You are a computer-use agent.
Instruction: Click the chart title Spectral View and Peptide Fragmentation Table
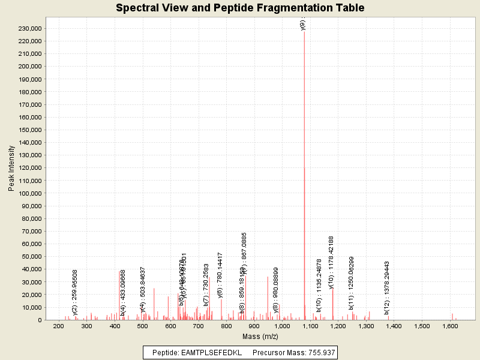point(240,8)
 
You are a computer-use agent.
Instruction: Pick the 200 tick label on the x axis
point(58,326)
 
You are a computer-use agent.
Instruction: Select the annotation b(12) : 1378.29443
point(388,287)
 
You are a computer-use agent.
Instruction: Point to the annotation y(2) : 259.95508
point(75,292)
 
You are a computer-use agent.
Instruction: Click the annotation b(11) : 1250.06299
point(352,283)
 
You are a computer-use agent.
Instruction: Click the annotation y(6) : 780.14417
point(220,275)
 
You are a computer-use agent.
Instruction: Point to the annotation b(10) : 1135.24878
point(319,285)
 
